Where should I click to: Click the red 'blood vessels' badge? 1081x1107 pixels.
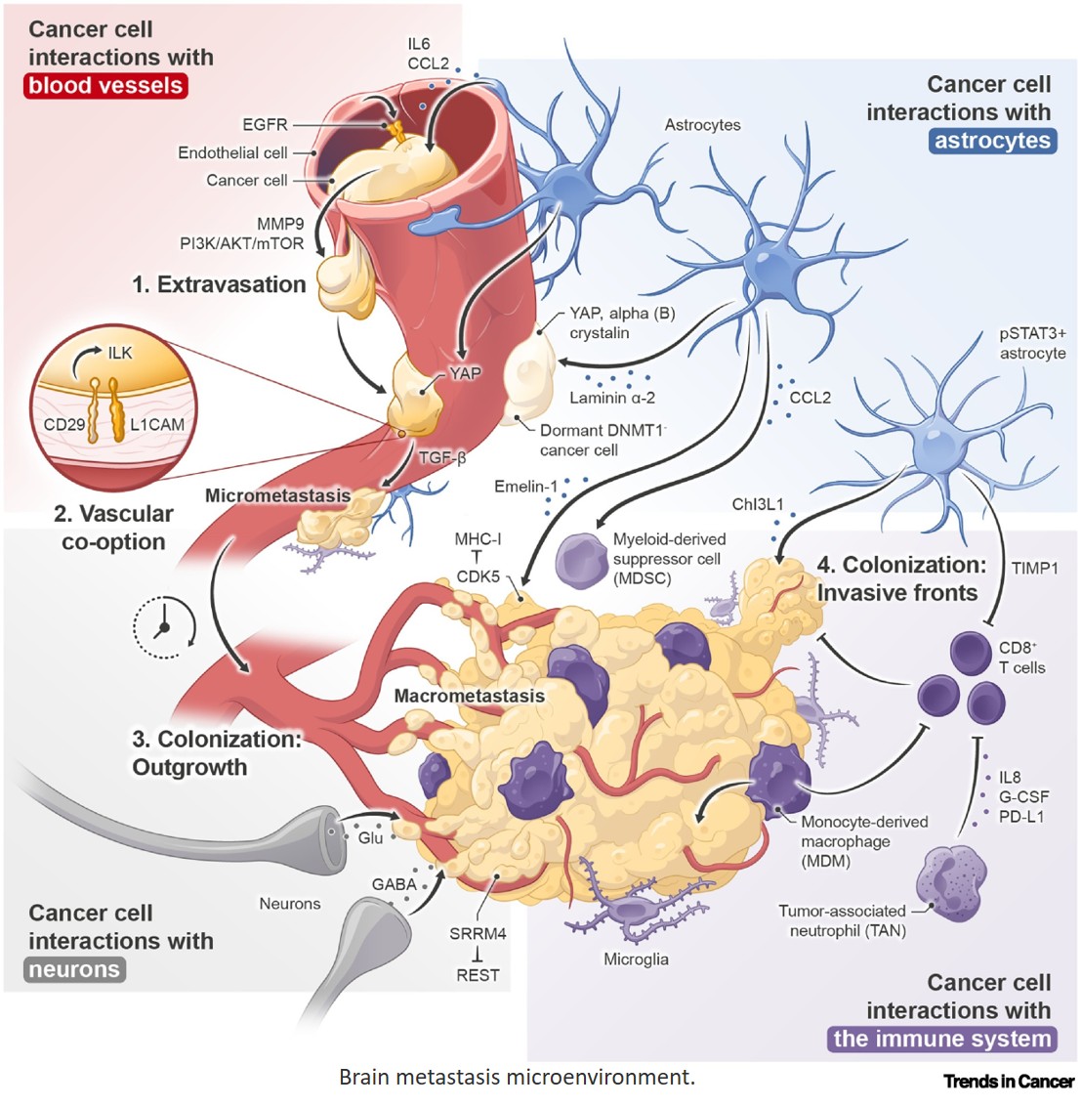point(105,86)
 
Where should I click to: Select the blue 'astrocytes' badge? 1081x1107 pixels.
point(992,141)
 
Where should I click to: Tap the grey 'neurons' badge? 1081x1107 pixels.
point(74,969)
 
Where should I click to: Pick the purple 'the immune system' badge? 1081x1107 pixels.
point(942,1039)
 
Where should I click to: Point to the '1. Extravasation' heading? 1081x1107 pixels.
point(219,284)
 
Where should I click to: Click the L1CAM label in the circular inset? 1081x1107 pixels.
point(157,425)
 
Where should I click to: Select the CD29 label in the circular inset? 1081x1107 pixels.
point(64,425)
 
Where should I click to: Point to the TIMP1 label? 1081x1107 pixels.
point(1034,568)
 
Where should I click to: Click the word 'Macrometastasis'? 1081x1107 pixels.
point(470,696)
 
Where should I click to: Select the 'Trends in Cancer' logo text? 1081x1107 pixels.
point(1009,1081)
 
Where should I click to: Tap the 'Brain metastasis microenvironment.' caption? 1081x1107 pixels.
point(517,1077)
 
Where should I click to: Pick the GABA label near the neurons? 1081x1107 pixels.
point(394,884)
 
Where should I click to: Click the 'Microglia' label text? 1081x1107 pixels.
point(636,959)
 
